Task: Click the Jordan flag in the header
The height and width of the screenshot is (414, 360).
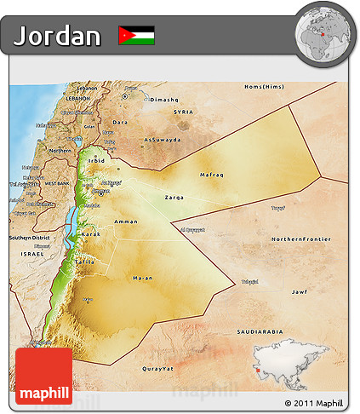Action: (136, 35)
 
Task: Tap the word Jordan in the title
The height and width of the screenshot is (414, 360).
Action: (58, 36)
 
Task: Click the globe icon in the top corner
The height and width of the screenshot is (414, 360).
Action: (323, 34)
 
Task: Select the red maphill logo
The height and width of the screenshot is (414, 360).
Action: (43, 374)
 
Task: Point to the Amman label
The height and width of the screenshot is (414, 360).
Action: (125, 221)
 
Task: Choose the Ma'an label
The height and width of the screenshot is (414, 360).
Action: (143, 279)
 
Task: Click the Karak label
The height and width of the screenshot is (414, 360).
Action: (91, 233)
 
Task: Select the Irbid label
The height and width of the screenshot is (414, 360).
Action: (96, 159)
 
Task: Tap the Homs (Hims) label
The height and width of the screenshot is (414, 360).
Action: (262, 87)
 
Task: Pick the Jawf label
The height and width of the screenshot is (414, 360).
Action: (299, 292)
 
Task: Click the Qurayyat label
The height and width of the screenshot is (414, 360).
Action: (157, 368)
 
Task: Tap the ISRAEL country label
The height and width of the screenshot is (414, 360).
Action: (32, 254)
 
